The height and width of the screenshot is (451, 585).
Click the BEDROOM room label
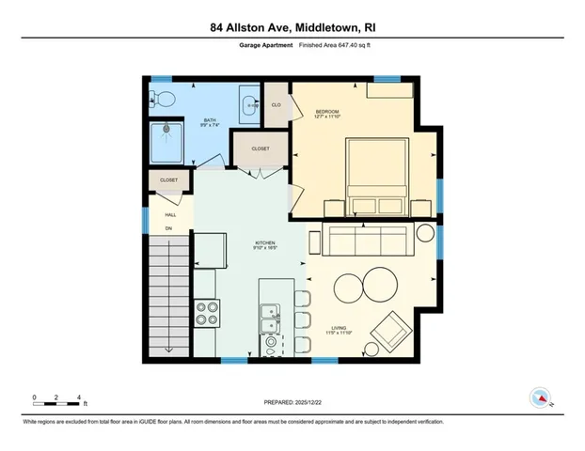point(326,113)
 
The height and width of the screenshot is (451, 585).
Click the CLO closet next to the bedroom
point(276,104)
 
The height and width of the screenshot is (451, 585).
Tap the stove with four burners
point(206,311)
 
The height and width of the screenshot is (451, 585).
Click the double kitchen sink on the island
point(271,318)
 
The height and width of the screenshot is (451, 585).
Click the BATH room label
point(210,120)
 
